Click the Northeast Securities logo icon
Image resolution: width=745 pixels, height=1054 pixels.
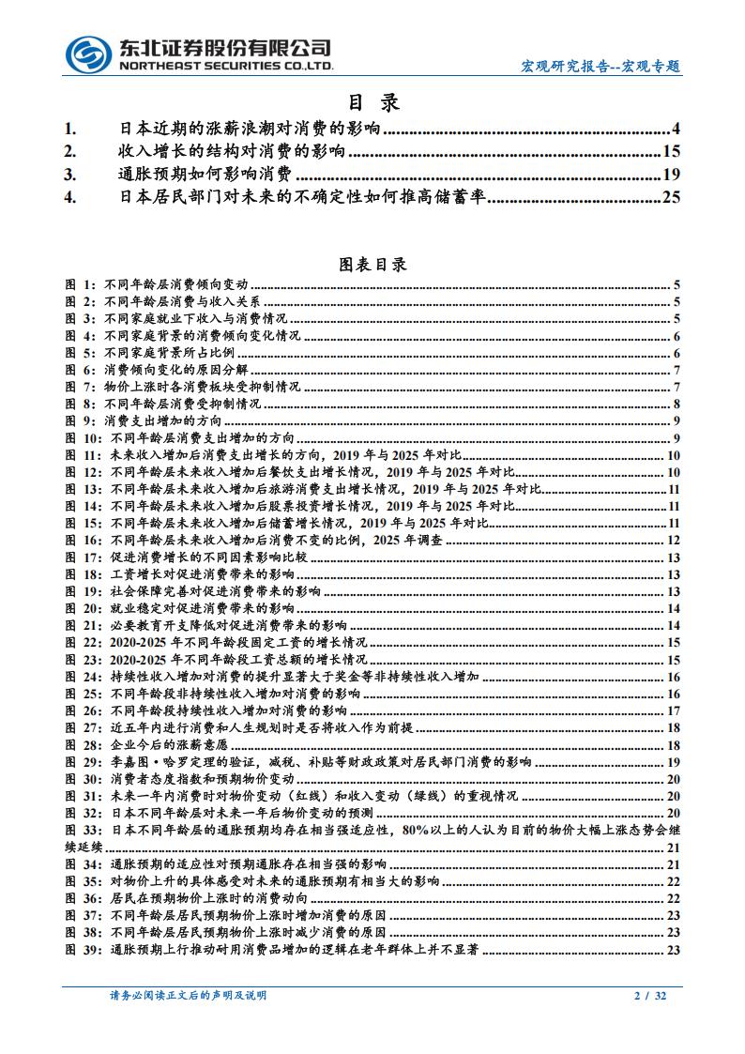[89, 53]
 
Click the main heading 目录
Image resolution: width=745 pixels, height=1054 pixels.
[372, 101]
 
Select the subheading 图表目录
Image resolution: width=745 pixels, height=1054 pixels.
[372, 265]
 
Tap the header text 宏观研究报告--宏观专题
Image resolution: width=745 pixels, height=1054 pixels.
[601, 67]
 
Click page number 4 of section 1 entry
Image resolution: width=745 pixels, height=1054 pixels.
[676, 129]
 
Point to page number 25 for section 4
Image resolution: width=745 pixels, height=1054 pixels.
[670, 196]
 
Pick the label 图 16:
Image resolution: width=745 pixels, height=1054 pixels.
[84, 540]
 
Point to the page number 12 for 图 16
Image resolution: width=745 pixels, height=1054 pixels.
[673, 540]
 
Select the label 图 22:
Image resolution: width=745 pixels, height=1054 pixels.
[84, 642]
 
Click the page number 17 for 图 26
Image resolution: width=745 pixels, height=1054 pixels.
[673, 710]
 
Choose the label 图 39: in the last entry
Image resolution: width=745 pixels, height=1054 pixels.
[84, 950]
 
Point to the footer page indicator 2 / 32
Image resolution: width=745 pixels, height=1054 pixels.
[650, 995]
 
